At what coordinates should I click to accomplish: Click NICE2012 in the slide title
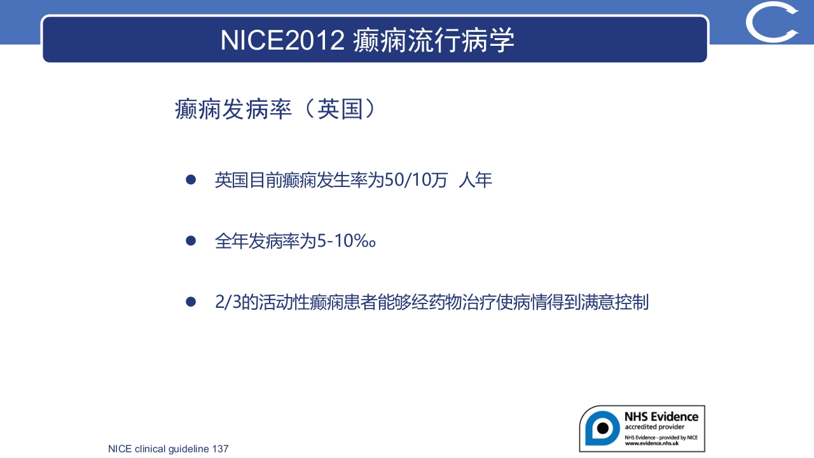(x=282, y=40)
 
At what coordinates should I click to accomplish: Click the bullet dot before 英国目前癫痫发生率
(x=191, y=180)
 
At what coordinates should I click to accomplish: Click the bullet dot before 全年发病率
(x=191, y=241)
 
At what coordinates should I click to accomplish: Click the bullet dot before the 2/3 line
(x=191, y=302)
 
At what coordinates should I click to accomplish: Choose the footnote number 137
(x=220, y=449)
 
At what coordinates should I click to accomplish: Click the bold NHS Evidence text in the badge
(x=661, y=417)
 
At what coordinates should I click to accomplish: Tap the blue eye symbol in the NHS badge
(x=602, y=427)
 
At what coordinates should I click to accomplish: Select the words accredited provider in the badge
(x=654, y=427)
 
